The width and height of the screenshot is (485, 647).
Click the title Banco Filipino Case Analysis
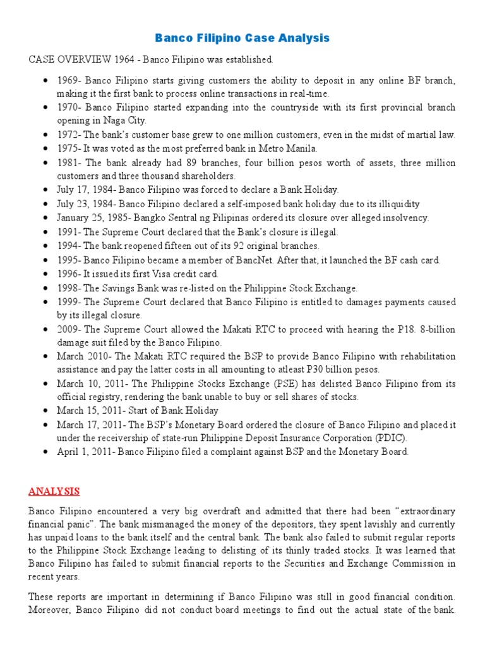click(x=242, y=39)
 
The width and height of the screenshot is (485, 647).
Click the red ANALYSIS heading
click(x=54, y=490)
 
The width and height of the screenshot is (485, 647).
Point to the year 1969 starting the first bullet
click(x=68, y=81)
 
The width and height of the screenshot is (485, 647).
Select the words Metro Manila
click(x=284, y=148)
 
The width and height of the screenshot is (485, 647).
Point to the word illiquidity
click(x=393, y=203)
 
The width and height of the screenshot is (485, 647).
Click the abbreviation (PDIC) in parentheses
click(x=388, y=437)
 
